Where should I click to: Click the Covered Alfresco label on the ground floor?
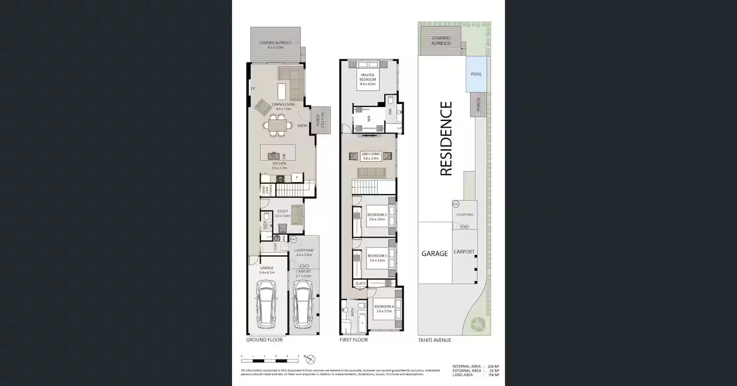[x=275, y=45]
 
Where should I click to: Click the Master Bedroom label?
[x=367, y=77]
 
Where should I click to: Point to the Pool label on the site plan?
[x=476, y=74]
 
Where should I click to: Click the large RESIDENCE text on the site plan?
[x=446, y=139]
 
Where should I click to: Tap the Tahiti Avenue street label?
[x=435, y=340]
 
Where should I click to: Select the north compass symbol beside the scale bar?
[x=311, y=359]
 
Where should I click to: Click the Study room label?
[x=282, y=213]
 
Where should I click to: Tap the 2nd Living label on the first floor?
[x=370, y=156]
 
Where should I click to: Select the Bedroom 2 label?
[x=377, y=217]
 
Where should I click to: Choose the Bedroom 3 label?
[x=377, y=258]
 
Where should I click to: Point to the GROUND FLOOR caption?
[x=264, y=340]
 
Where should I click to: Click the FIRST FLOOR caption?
[x=354, y=340]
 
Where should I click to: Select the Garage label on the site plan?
[x=435, y=253]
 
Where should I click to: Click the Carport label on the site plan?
[x=464, y=252]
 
